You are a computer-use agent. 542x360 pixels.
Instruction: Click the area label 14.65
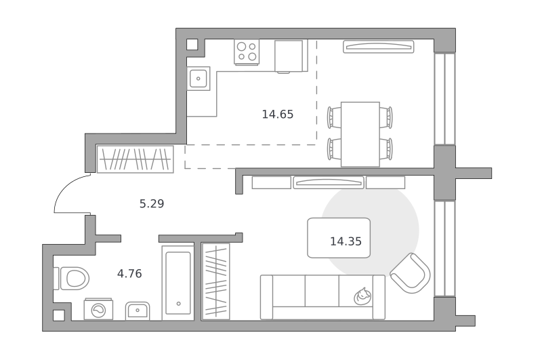[x=278, y=114]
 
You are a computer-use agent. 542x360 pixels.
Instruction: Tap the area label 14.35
[x=346, y=241]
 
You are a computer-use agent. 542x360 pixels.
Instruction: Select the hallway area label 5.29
[x=152, y=203]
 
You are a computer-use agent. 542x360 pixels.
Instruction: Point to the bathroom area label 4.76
[x=129, y=274]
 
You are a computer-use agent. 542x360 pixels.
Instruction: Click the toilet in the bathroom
[x=72, y=278]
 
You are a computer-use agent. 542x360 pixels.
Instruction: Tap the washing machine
[x=98, y=309]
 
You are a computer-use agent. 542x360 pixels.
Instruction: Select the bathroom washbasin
[x=138, y=311]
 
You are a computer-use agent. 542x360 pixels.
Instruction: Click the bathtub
[x=178, y=283]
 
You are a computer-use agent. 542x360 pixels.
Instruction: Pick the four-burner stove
[x=247, y=52]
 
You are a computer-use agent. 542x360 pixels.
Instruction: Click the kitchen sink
[x=199, y=79]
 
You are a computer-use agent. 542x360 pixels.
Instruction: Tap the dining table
[x=360, y=134]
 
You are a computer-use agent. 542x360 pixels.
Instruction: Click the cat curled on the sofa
[x=362, y=296]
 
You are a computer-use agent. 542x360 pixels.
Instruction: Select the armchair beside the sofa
[x=411, y=273]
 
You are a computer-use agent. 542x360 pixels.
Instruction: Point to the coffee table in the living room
[x=339, y=238]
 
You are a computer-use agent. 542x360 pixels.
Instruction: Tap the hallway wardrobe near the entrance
[x=135, y=159]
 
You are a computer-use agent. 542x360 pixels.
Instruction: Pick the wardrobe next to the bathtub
[x=215, y=282]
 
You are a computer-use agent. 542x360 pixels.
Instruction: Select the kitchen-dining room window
[x=444, y=98]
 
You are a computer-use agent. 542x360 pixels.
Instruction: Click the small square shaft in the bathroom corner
[x=58, y=315]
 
